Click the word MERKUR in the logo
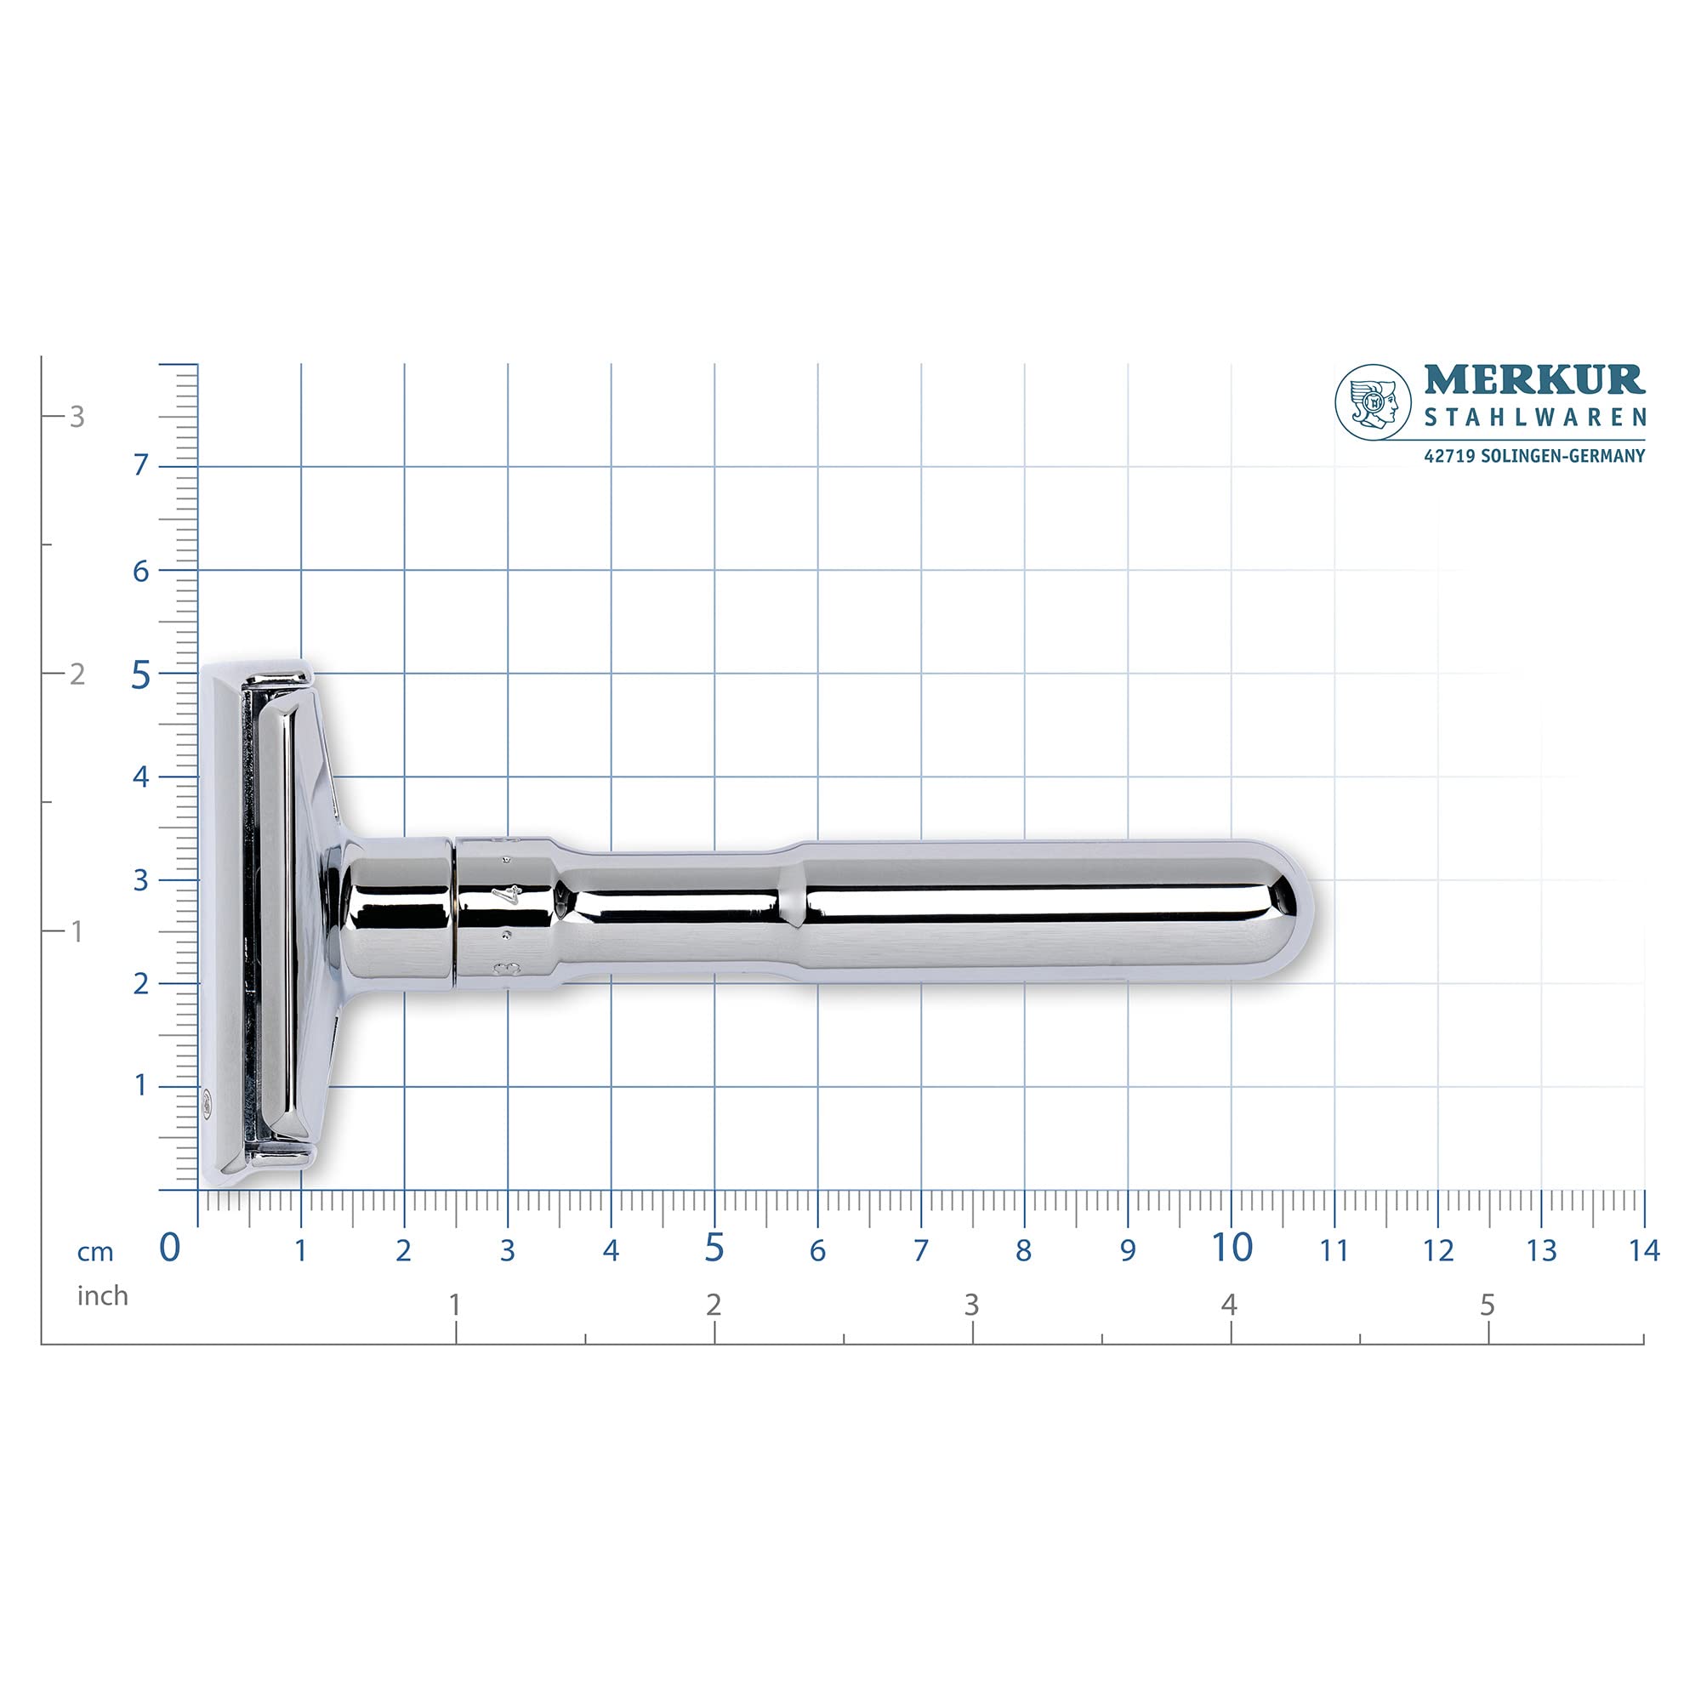click(x=1533, y=380)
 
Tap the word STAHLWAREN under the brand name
click(x=1534, y=418)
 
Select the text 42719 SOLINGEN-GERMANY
click(x=1533, y=456)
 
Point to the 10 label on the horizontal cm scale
click(x=1231, y=1247)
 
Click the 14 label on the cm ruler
click(x=1643, y=1250)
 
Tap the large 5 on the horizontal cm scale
click(x=714, y=1247)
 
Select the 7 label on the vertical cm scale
click(x=141, y=466)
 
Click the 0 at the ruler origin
click(x=169, y=1248)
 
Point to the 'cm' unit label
click(x=95, y=1252)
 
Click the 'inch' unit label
click(x=102, y=1296)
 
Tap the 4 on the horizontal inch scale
click(x=1229, y=1305)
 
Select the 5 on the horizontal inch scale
click(x=1487, y=1305)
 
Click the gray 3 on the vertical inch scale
click(x=77, y=418)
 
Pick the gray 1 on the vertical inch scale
click(x=77, y=931)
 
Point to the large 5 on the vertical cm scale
click(x=141, y=677)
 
